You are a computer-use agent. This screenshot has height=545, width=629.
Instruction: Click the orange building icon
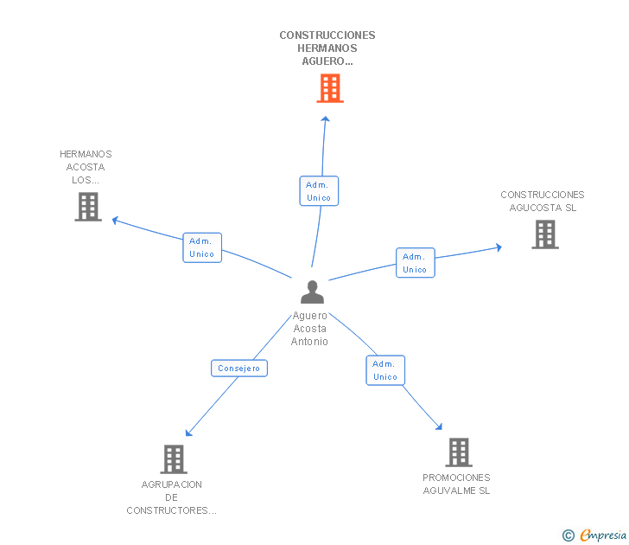330,88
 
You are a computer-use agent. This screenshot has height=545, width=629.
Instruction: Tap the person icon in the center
312,292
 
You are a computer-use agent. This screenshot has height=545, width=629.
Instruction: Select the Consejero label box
239,368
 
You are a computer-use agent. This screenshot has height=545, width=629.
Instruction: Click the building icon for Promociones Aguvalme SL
459,452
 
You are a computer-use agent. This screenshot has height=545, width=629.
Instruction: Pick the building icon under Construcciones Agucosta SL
545,234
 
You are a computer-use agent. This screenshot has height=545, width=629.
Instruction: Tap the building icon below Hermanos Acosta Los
88,207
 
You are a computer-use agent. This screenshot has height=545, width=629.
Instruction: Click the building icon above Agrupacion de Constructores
174,459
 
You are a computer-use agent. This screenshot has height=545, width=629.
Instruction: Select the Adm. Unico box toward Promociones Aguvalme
385,370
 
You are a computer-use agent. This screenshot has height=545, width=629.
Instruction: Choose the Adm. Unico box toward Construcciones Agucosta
416,263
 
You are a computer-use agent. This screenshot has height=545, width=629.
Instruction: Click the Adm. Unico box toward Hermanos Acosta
202,247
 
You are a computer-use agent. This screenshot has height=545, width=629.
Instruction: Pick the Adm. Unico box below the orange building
319,191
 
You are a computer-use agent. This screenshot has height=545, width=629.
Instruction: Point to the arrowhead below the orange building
326,119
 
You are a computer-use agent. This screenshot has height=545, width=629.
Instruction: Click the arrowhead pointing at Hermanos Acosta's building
115,220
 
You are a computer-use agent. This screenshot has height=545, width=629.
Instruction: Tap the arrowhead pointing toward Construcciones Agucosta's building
499,247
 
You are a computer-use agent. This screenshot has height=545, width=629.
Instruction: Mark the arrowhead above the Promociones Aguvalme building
439,426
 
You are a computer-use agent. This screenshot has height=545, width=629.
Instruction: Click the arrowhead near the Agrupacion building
188,433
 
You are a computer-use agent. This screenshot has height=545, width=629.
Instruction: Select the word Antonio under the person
309,342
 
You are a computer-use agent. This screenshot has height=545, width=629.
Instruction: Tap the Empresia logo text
603,535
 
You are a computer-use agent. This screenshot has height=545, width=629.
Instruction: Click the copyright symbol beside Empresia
569,535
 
